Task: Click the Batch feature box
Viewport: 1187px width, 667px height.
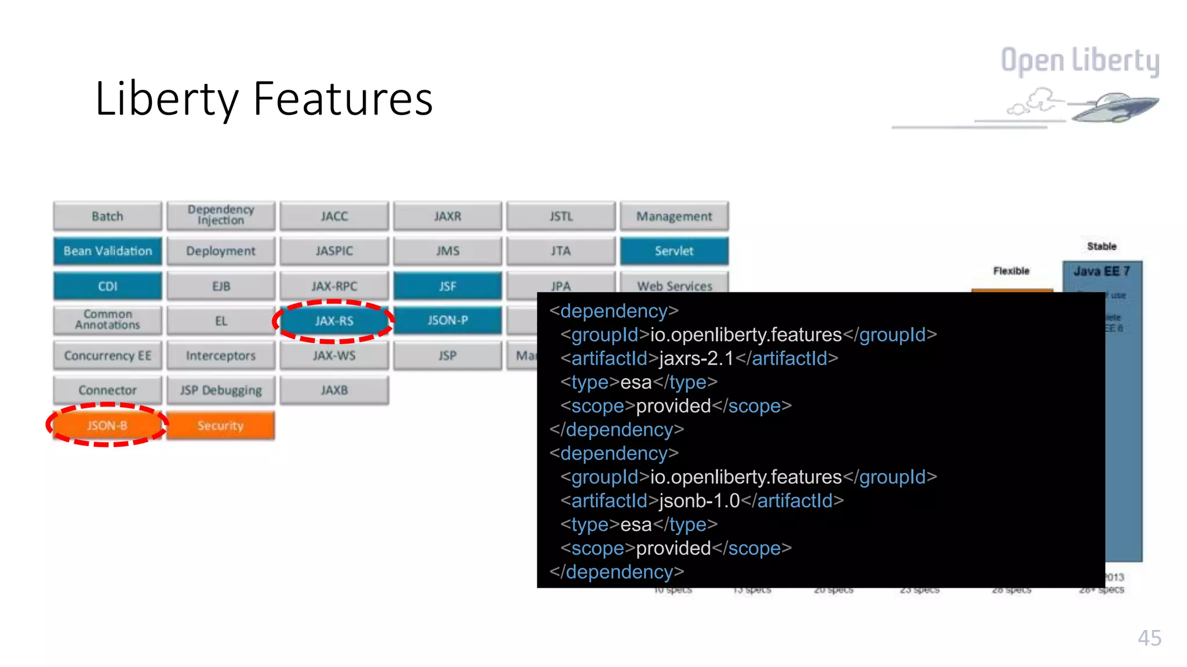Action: pyautogui.click(x=108, y=217)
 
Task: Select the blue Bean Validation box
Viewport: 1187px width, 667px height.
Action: pyautogui.click(x=108, y=251)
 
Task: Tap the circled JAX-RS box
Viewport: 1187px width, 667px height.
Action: pyautogui.click(x=334, y=321)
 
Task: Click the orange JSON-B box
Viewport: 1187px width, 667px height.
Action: pyautogui.click(x=107, y=426)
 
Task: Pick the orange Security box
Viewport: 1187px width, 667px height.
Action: pyautogui.click(x=221, y=426)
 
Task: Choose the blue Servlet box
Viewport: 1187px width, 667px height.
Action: pyautogui.click(x=674, y=251)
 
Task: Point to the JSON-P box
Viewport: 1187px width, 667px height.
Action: pyautogui.click(x=447, y=320)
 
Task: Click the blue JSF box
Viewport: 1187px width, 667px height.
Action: pyautogui.click(x=447, y=286)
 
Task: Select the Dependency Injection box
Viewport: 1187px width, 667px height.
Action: pyautogui.click(x=221, y=215)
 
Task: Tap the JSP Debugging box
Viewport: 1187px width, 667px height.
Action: pyautogui.click(x=221, y=391)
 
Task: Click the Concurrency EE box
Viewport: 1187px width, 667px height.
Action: pyautogui.click(x=108, y=356)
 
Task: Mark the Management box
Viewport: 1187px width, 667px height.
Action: pyautogui.click(x=674, y=217)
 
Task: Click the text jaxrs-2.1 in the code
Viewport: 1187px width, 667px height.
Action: pyautogui.click(x=696, y=358)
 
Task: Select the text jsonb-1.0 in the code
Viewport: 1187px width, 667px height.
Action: pyautogui.click(x=699, y=501)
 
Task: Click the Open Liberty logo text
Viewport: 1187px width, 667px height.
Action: pyautogui.click(x=1080, y=60)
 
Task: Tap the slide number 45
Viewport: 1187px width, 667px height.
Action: pyautogui.click(x=1149, y=638)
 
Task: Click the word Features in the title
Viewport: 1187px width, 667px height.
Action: pyautogui.click(x=343, y=99)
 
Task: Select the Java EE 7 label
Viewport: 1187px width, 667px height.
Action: pyautogui.click(x=1101, y=271)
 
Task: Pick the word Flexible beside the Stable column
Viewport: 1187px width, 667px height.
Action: pyautogui.click(x=1011, y=271)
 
